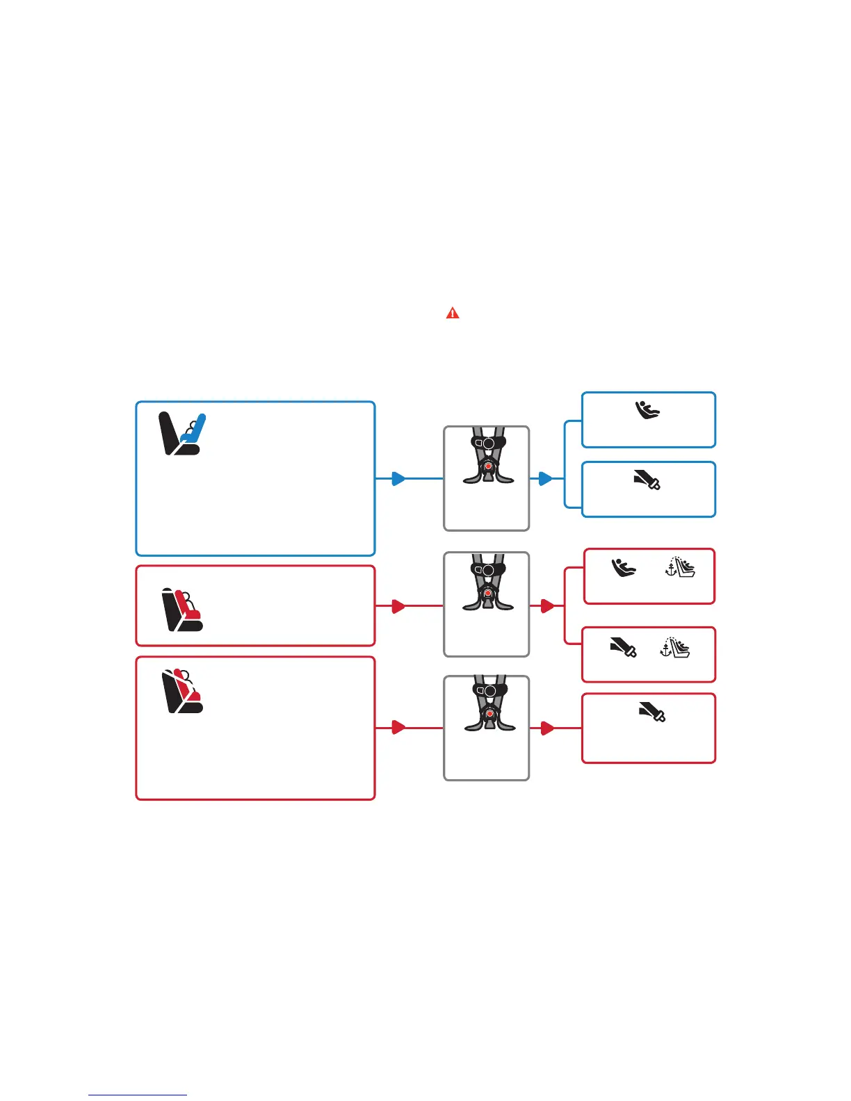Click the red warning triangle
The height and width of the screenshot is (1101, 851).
tap(453, 313)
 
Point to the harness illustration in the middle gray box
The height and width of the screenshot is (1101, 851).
tap(488, 582)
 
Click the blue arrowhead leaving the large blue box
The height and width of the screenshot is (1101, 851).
tap(398, 478)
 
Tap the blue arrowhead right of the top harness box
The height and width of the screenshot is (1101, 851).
tap(546, 478)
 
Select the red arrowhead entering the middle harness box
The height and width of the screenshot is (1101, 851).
tap(398, 606)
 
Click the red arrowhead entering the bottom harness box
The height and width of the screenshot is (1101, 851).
tap(398, 728)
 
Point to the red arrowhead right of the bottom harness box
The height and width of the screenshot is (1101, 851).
tap(547, 728)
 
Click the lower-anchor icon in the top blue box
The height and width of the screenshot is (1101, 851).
tap(648, 410)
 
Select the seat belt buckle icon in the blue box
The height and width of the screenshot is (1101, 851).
tap(647, 480)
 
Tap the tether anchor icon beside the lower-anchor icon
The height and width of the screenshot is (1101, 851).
tap(680, 567)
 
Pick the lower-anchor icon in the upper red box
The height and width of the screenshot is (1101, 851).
tap(624, 568)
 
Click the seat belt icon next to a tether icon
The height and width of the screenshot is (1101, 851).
tap(623, 648)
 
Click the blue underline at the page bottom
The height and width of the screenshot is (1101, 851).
tap(138, 1095)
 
